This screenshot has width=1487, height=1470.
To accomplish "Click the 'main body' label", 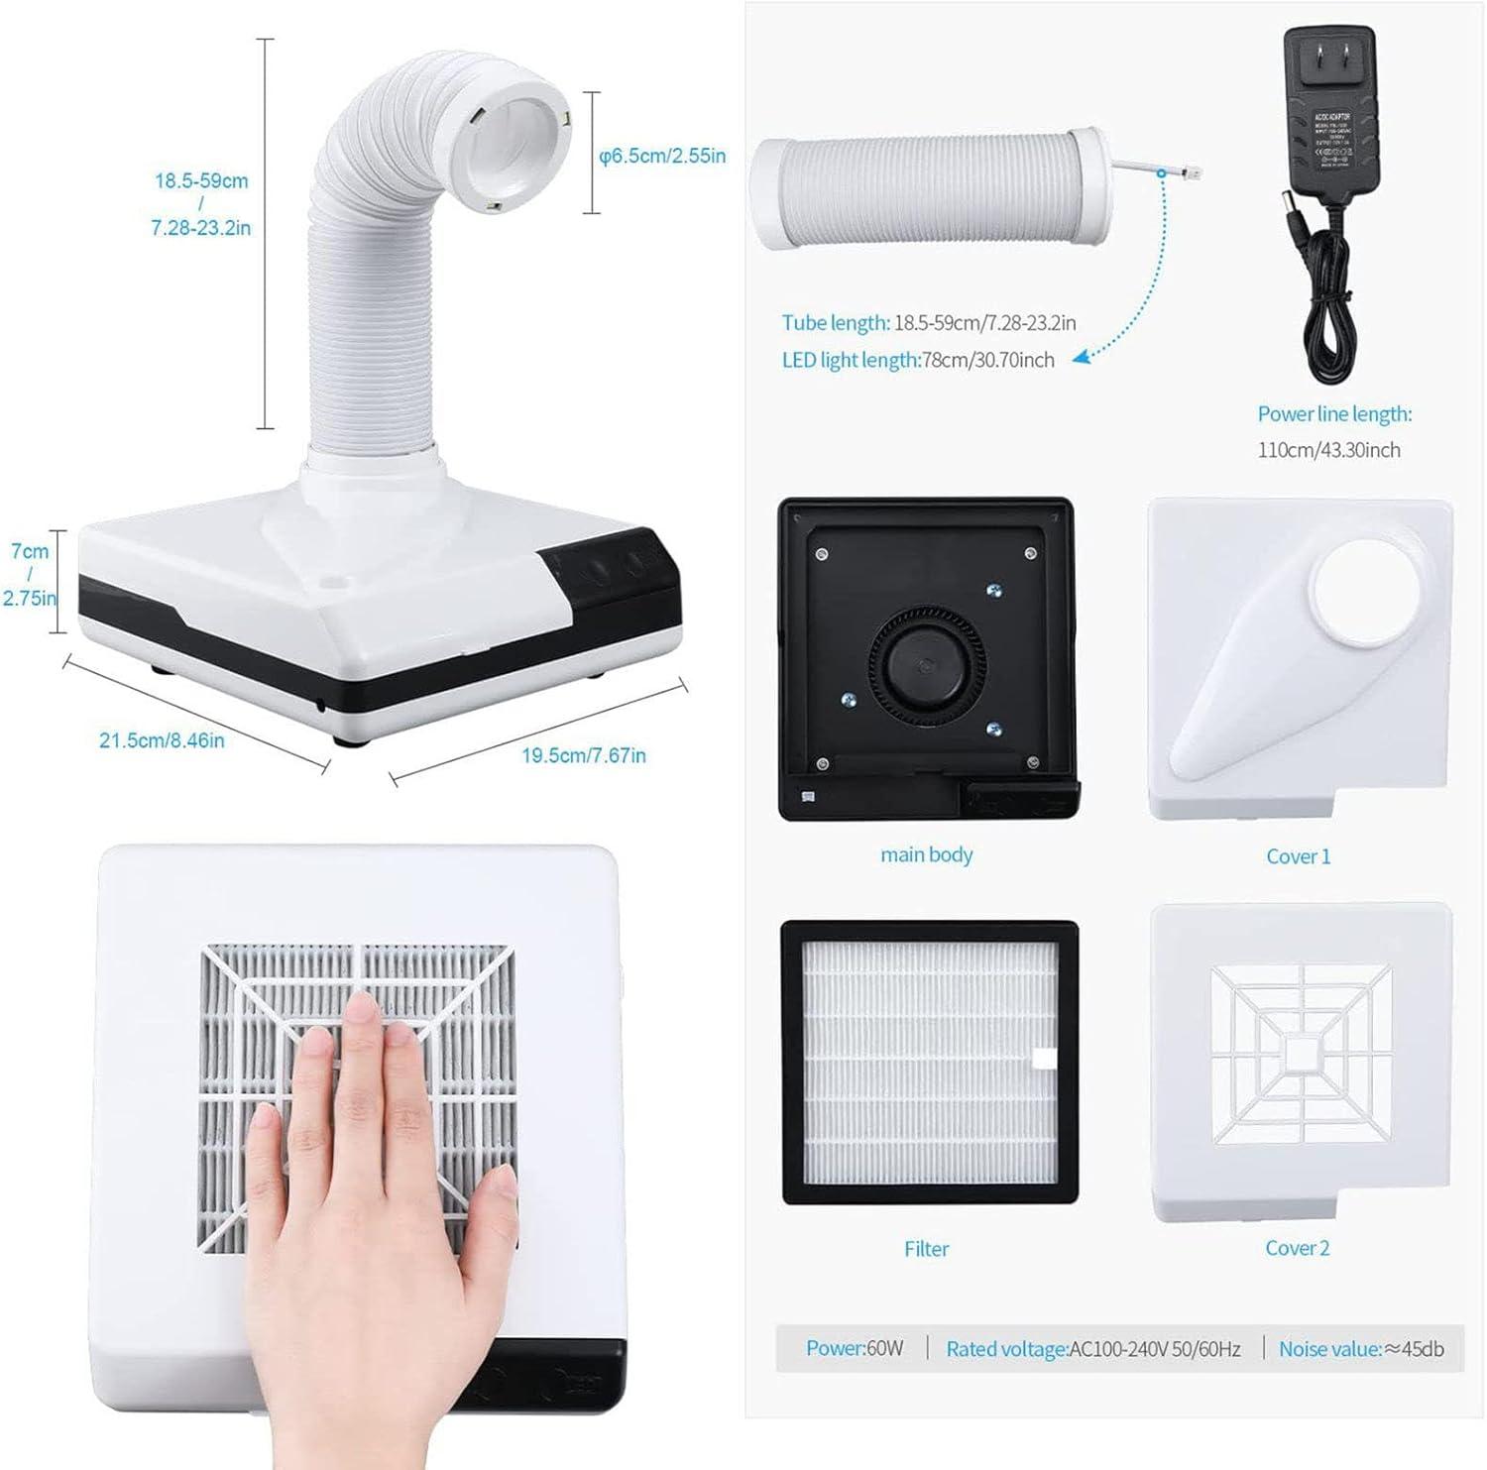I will click(926, 854).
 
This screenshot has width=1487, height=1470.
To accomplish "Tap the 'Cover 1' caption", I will click(1298, 856).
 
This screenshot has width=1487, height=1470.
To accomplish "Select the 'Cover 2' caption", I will click(1297, 1248).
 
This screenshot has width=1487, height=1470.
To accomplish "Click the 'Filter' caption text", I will click(926, 1249).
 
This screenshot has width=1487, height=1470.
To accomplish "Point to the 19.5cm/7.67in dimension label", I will click(583, 755).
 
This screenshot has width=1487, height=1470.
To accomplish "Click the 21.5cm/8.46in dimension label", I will click(162, 740).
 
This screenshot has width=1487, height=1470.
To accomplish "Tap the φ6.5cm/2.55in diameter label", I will click(662, 156).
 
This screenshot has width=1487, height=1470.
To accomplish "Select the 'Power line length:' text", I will click(1334, 414).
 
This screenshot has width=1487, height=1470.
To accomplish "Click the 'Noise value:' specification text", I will click(1329, 1348).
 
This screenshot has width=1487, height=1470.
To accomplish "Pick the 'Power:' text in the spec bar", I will click(835, 1348).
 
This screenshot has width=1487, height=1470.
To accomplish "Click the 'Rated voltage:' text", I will click(1006, 1348).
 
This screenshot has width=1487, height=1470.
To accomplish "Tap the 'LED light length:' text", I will click(851, 360).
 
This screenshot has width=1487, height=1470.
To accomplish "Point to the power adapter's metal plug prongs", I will click(1329, 54).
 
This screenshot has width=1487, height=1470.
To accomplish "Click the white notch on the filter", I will click(1044, 1059).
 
